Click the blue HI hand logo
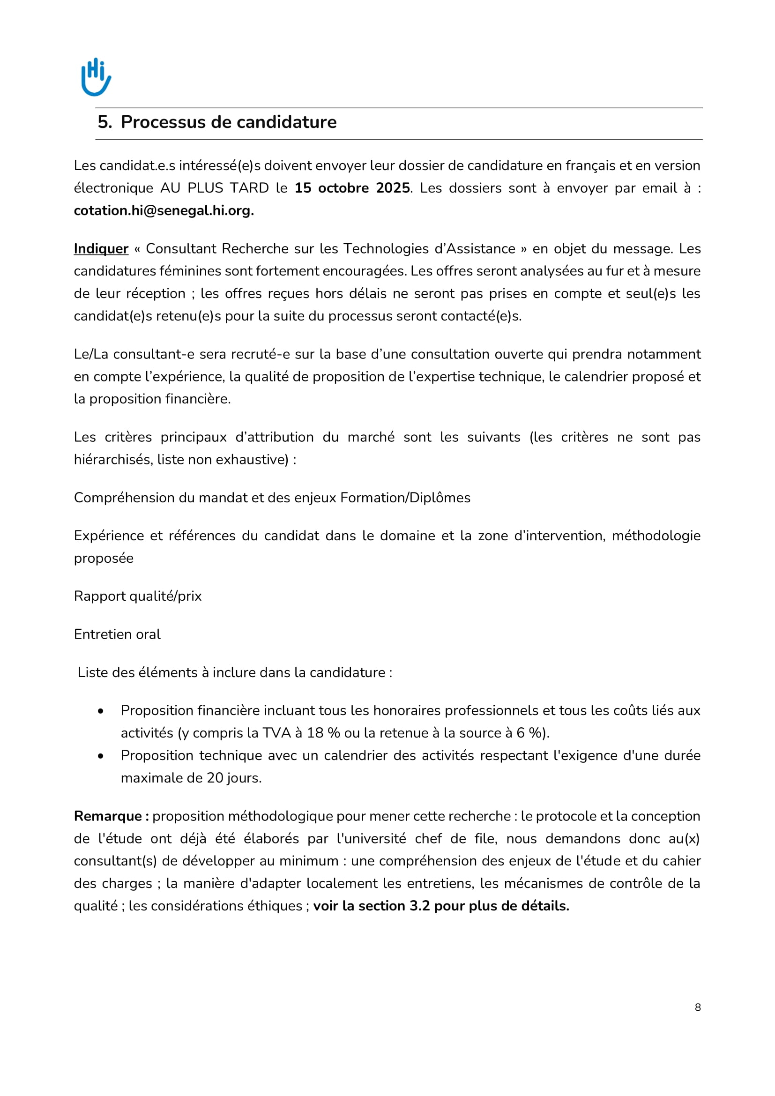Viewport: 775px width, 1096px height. (96, 77)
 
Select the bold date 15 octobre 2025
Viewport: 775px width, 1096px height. (352, 188)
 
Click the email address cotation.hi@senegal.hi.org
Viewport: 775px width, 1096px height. (164, 210)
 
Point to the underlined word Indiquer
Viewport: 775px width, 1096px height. (101, 249)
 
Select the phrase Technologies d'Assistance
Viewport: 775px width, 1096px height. (429, 249)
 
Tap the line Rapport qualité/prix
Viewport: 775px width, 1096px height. (137, 596)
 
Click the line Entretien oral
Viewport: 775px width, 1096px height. (117, 634)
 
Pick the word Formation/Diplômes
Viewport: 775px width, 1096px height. (405, 498)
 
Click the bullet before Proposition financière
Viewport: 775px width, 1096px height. (101, 711)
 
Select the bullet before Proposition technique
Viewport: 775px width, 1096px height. (101, 756)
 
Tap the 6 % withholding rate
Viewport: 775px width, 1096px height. (530, 733)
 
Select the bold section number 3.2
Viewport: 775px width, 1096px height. (419, 906)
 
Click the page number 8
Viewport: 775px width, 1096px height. (698, 1007)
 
